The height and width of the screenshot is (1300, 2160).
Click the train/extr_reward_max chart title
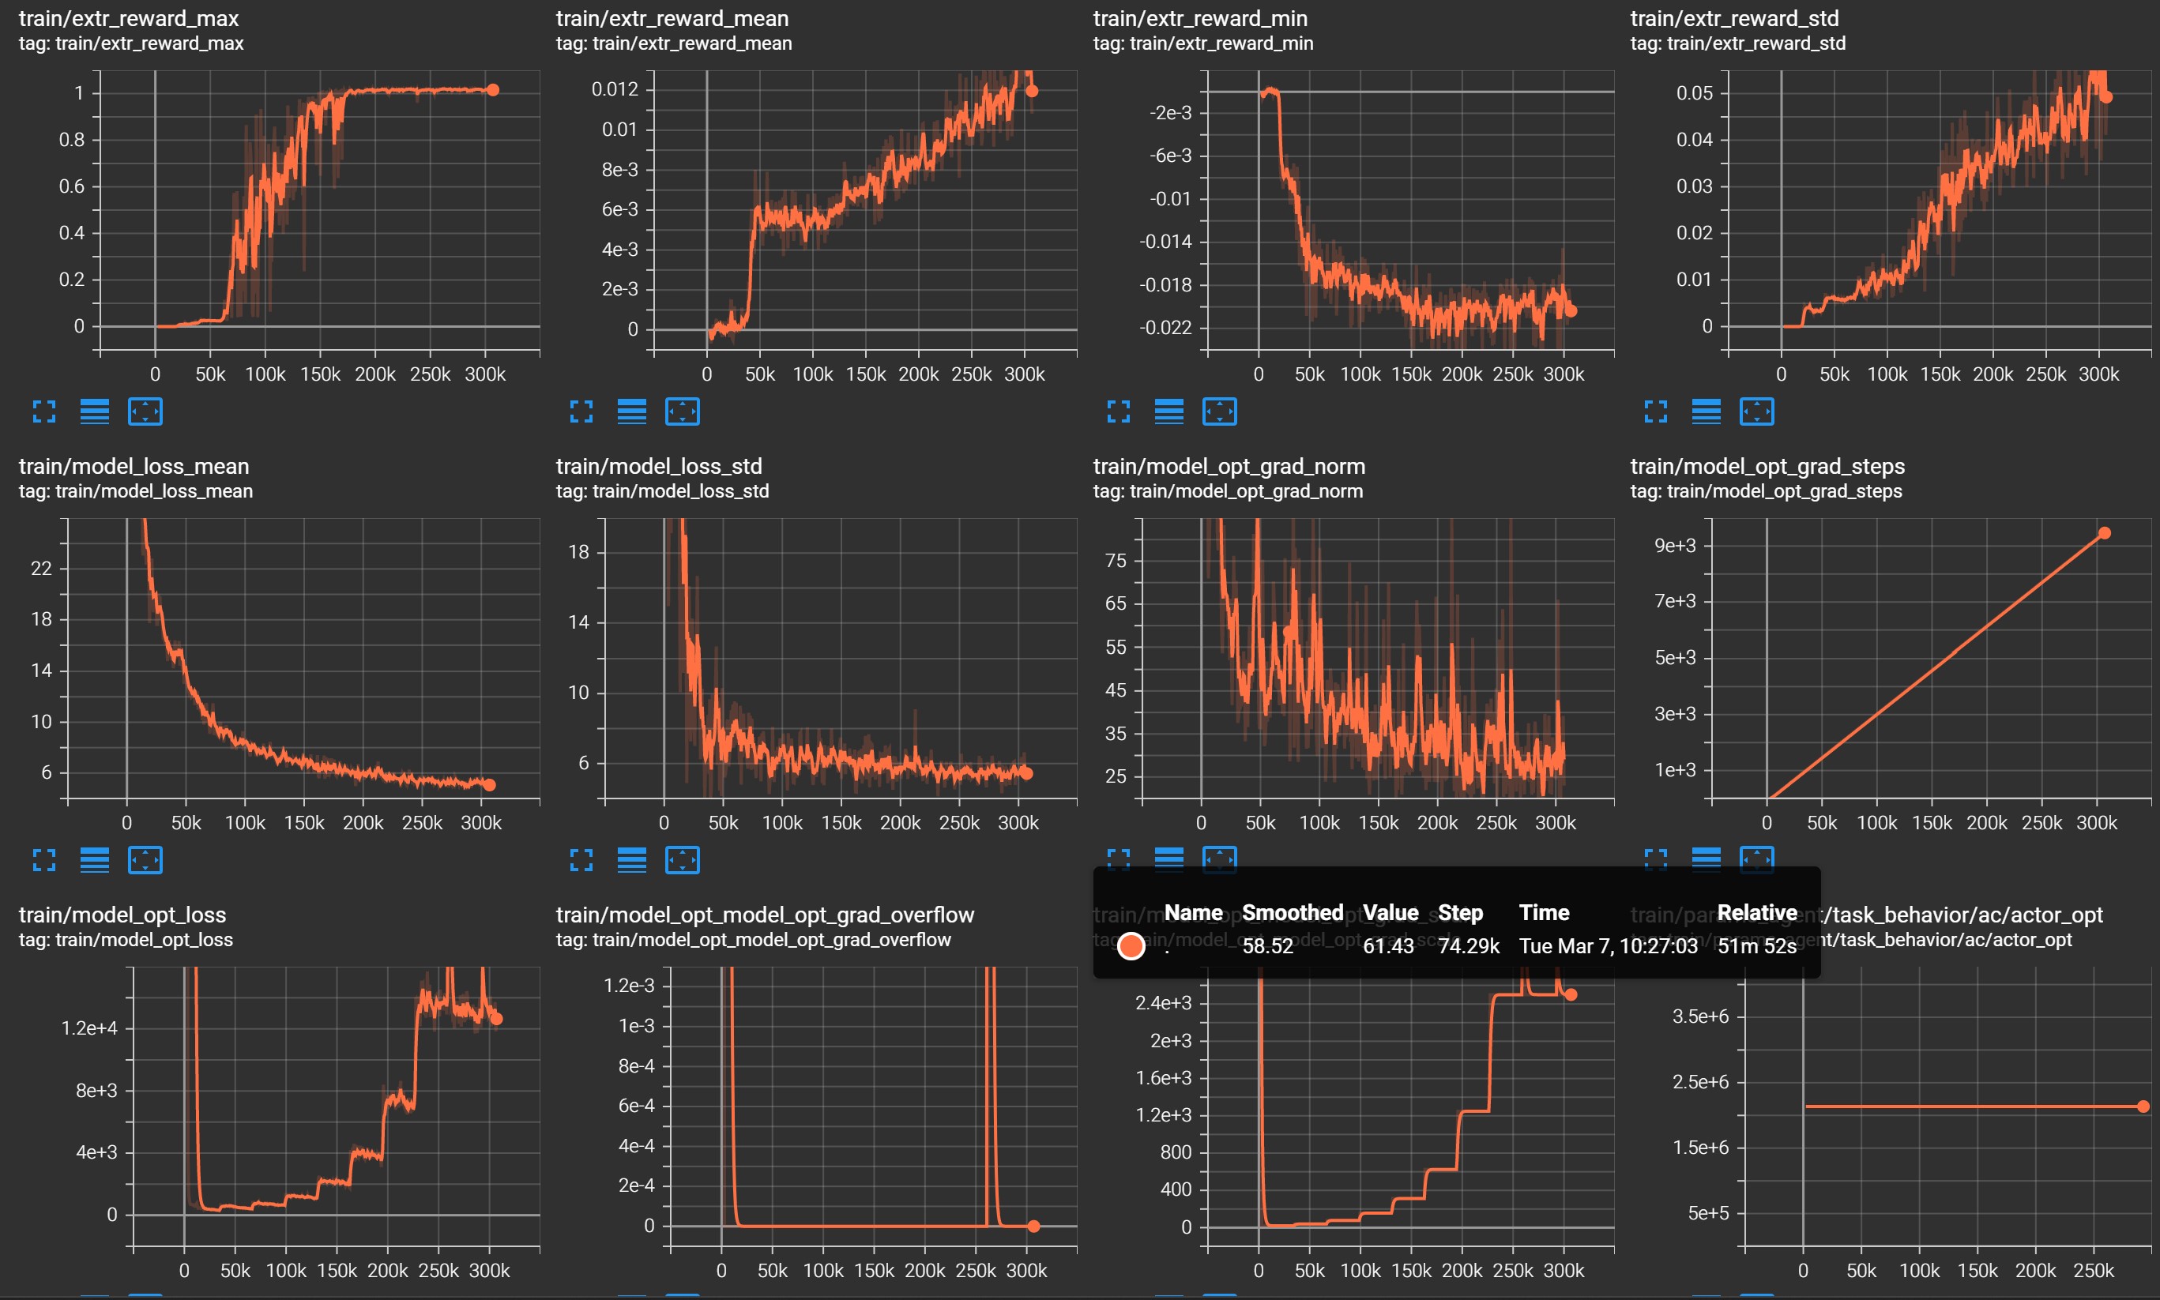click(x=129, y=18)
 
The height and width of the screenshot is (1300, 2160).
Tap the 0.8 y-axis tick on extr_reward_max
click(x=72, y=140)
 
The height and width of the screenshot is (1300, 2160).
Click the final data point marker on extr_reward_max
click(x=492, y=90)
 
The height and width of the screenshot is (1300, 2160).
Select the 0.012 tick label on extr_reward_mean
click(x=615, y=89)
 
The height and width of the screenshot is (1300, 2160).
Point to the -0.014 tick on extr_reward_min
click(x=1165, y=242)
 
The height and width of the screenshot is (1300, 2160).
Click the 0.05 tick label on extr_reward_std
click(x=1694, y=94)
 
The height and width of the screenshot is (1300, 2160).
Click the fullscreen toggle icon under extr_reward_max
click(x=43, y=411)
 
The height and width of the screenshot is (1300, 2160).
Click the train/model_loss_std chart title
click(x=659, y=467)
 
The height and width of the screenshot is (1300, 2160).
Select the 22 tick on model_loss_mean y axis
click(x=41, y=569)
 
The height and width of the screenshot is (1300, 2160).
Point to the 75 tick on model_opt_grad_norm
click(x=1116, y=561)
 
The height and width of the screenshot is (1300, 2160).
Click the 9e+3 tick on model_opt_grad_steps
click(x=1675, y=546)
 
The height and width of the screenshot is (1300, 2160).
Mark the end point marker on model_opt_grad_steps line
click(x=2104, y=533)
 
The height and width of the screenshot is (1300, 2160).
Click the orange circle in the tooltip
click(x=1131, y=946)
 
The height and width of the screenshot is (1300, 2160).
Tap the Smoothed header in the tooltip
click(x=1293, y=913)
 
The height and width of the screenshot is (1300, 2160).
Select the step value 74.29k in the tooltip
click(x=1469, y=946)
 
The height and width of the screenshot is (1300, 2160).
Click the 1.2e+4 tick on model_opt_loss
click(x=89, y=1028)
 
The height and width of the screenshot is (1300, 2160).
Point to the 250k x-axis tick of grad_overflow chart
click(x=975, y=1271)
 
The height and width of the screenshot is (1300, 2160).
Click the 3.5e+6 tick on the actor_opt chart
click(x=1700, y=1017)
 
